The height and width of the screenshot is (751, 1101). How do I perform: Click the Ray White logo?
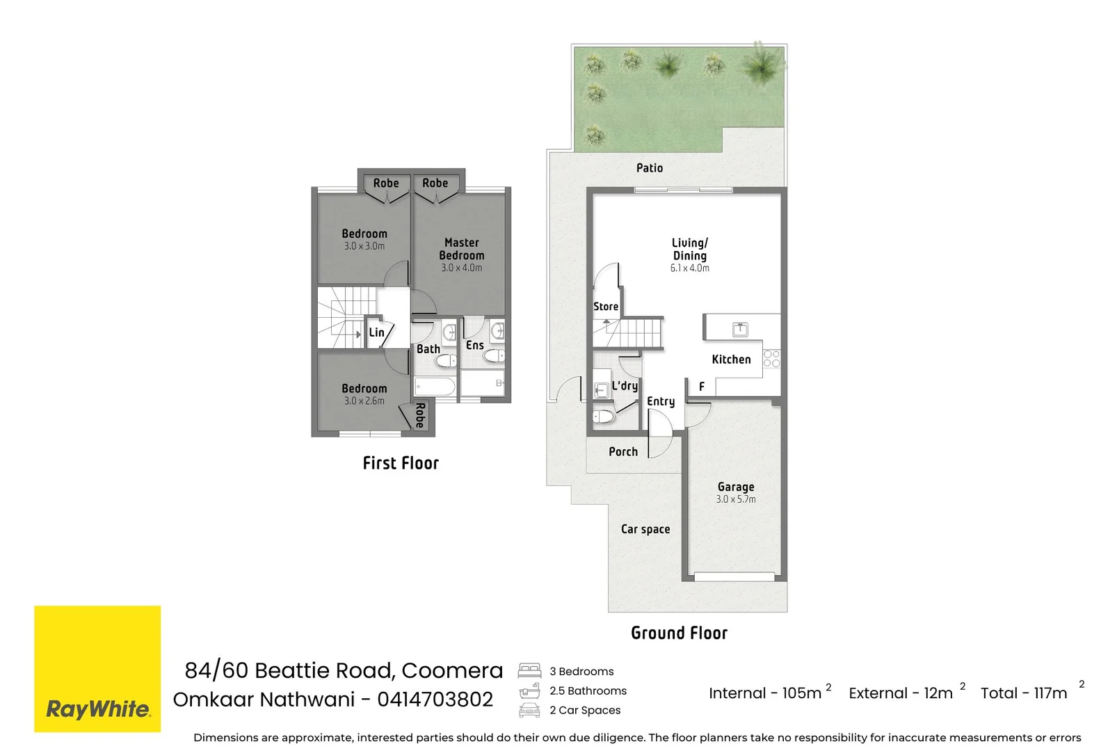coord(97,669)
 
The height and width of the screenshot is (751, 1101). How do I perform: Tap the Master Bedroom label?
coord(462,249)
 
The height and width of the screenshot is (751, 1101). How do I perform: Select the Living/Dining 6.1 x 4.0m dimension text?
coord(689,268)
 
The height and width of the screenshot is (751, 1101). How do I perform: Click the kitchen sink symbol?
coord(740,329)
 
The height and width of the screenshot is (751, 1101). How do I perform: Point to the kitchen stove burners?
coord(772,358)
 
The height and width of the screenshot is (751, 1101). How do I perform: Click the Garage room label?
coord(736,487)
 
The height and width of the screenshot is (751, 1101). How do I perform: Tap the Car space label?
coord(645,529)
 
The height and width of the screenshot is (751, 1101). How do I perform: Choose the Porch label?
coord(623,451)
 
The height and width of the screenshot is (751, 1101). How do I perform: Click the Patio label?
coord(650,168)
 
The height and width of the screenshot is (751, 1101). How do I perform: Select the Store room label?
coord(606,306)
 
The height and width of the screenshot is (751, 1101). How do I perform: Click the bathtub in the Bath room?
coord(435,387)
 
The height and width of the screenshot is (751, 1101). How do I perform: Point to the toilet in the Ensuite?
coord(494,355)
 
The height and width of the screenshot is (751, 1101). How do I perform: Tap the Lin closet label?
coord(376,332)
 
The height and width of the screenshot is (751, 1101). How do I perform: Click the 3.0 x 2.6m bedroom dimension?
coord(364,401)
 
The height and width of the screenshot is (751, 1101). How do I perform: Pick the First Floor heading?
coord(401,463)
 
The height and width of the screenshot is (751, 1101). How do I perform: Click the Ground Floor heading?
coord(680,633)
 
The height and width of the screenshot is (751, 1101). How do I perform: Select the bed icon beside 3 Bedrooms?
coord(529,671)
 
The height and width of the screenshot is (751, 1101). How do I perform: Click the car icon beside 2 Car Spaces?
coord(529,710)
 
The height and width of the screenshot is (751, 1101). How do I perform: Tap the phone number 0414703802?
coord(435,700)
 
